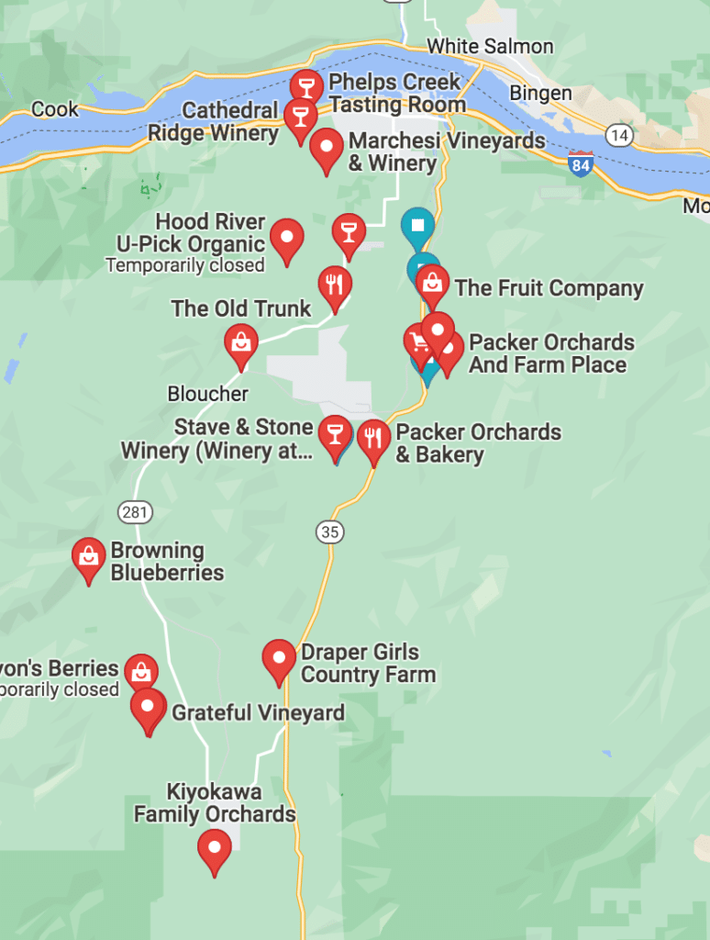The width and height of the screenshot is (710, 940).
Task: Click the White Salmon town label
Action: click(x=490, y=46)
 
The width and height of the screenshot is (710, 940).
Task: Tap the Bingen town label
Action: click(x=540, y=94)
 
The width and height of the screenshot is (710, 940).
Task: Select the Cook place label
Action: click(x=55, y=110)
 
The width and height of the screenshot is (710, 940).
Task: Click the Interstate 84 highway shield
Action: click(x=580, y=164)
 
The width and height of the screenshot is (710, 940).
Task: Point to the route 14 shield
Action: click(x=620, y=136)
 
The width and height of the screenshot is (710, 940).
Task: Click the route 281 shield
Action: click(x=135, y=511)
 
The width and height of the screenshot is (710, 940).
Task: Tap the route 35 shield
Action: click(x=329, y=532)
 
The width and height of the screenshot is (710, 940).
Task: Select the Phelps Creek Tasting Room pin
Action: click(x=306, y=87)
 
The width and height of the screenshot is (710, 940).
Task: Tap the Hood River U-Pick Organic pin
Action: click(x=287, y=239)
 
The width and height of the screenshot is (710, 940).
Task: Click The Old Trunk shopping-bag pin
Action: click(x=240, y=343)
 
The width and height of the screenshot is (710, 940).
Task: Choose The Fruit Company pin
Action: click(x=432, y=284)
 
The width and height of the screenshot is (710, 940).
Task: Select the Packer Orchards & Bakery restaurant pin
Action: click(x=373, y=439)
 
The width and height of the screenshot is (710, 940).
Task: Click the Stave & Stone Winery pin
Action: click(x=334, y=434)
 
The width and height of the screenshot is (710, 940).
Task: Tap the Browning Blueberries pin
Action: click(x=89, y=557)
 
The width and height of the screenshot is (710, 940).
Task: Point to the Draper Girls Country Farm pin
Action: click(x=279, y=659)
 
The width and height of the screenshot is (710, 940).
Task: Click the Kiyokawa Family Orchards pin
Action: click(x=215, y=849)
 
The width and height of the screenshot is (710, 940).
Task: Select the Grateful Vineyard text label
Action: click(x=258, y=713)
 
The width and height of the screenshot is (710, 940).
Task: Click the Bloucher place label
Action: click(x=207, y=394)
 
